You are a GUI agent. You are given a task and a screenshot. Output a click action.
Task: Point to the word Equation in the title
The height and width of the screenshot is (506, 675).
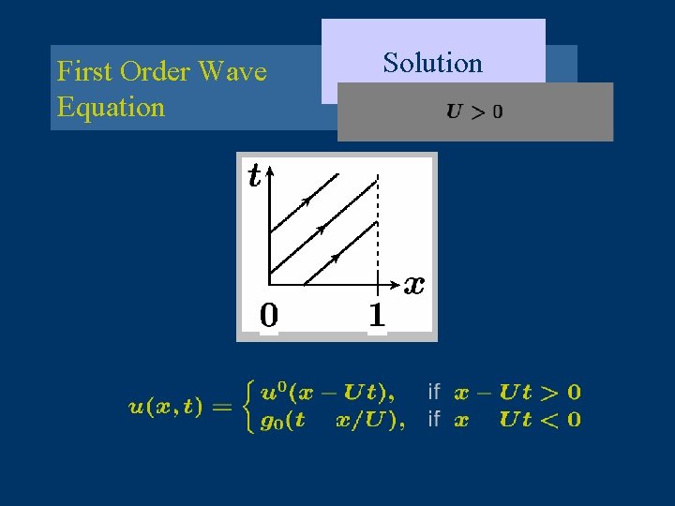pos(111,106)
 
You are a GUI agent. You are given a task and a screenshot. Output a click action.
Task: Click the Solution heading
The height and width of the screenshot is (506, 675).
pos(432,63)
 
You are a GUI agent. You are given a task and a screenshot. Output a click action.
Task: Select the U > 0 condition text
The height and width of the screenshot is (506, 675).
pos(474,112)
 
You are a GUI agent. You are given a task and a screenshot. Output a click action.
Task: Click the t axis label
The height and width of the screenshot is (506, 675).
pos(254,175)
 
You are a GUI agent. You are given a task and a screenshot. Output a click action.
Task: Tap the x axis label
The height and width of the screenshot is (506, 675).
pos(414,283)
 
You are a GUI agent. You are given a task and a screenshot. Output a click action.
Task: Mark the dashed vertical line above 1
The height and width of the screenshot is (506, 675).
pos(377,225)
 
